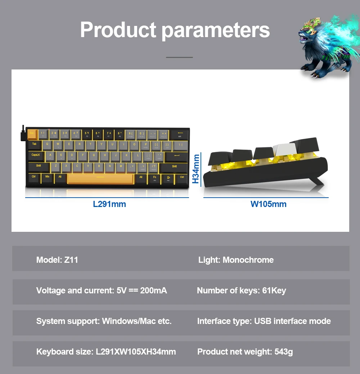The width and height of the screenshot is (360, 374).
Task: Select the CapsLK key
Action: [x=36, y=156]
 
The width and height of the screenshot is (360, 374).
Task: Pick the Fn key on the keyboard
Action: [x=154, y=177]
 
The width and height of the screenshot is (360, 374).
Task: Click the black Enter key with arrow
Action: [x=176, y=156]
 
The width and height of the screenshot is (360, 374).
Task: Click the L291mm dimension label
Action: [x=109, y=204]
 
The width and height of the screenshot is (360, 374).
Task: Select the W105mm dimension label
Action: [x=269, y=204]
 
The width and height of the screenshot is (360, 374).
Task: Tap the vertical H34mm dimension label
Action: [x=195, y=168]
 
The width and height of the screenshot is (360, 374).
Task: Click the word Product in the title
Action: [x=118, y=30]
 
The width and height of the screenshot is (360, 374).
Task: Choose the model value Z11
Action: [x=71, y=260]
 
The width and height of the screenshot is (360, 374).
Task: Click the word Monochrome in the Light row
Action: [x=248, y=260]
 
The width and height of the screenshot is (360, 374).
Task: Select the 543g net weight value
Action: [x=284, y=352]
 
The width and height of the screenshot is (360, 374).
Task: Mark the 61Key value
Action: [x=274, y=290]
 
